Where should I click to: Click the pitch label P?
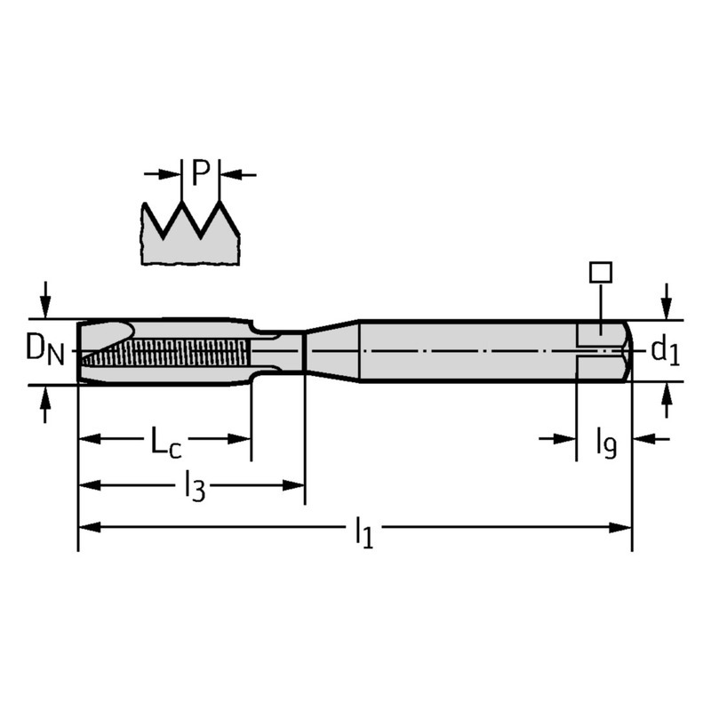[x=201, y=172]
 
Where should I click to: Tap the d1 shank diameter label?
[x=665, y=351]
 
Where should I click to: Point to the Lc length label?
[x=165, y=441]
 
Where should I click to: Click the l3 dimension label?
[x=195, y=487]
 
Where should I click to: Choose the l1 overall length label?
[x=364, y=532]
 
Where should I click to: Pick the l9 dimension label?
[x=606, y=443]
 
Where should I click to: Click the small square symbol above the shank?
[x=601, y=272]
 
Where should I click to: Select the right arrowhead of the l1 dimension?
[x=620, y=527]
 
